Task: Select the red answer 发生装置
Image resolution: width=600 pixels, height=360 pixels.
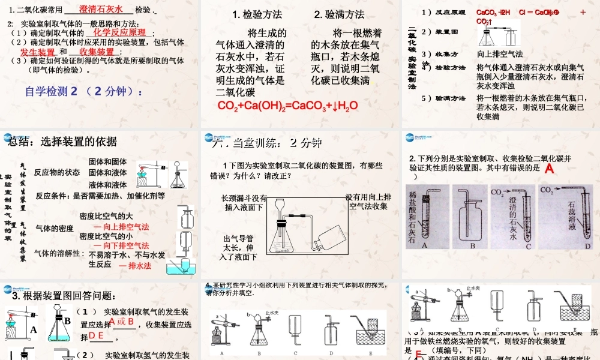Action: pyautogui.click(x=38, y=52)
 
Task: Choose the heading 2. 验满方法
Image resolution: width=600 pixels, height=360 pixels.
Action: pyautogui.click(x=339, y=14)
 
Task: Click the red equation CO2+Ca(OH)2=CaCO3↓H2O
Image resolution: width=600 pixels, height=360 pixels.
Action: pyautogui.click(x=288, y=106)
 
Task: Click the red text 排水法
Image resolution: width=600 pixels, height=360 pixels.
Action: pyautogui.click(x=135, y=265)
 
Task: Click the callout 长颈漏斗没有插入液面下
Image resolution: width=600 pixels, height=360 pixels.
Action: pyautogui.click(x=244, y=202)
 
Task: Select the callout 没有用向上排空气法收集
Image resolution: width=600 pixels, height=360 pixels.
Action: pyautogui.click(x=368, y=202)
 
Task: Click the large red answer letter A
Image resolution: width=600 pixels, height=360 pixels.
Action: pyautogui.click(x=548, y=170)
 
